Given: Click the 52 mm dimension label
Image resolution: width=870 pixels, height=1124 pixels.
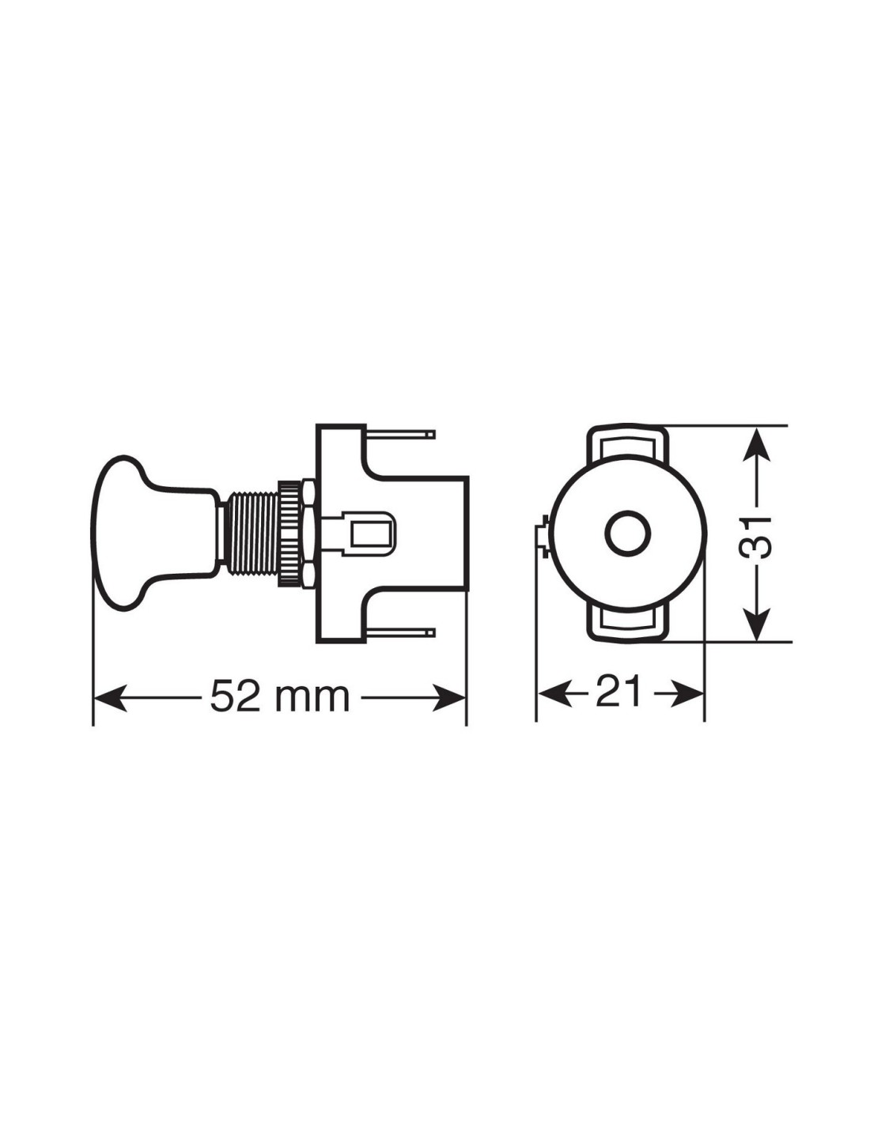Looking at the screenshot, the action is click(280, 698).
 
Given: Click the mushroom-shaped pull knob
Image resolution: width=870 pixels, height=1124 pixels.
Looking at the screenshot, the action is click(153, 534).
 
